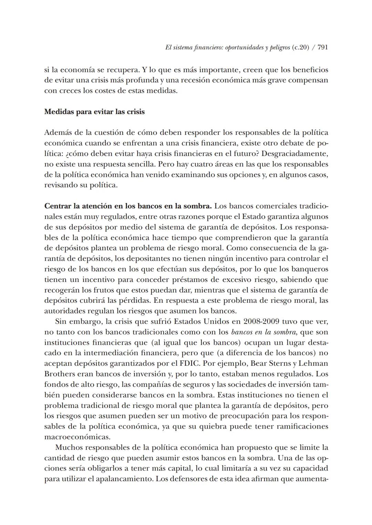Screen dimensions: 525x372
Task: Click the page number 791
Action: click(322, 48)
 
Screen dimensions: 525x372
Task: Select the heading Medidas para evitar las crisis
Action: click(94, 112)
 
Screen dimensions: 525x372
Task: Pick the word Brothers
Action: click(59, 374)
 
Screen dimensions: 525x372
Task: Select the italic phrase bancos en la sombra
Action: click(262, 332)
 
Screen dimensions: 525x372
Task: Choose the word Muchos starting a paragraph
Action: click(69, 447)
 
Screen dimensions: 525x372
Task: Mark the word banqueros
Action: click(311, 269)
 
